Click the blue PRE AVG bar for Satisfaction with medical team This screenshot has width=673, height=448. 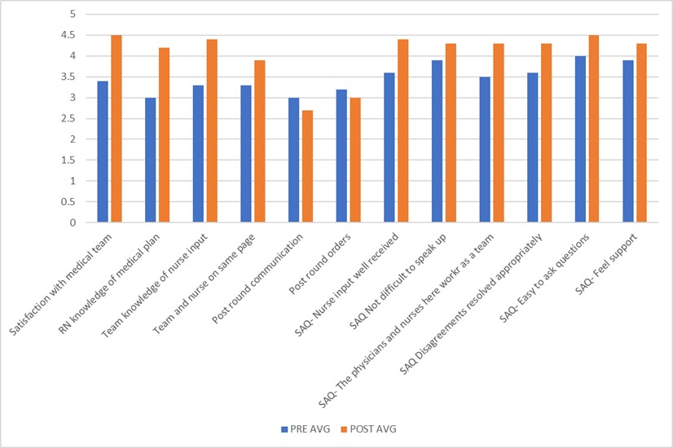pyautogui.click(x=103, y=152)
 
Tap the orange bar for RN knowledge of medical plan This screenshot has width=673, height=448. pyautogui.click(x=164, y=135)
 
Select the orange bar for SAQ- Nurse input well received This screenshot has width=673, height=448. pyautogui.click(x=402, y=131)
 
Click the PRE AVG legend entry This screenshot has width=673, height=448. pyautogui.click(x=301, y=428)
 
